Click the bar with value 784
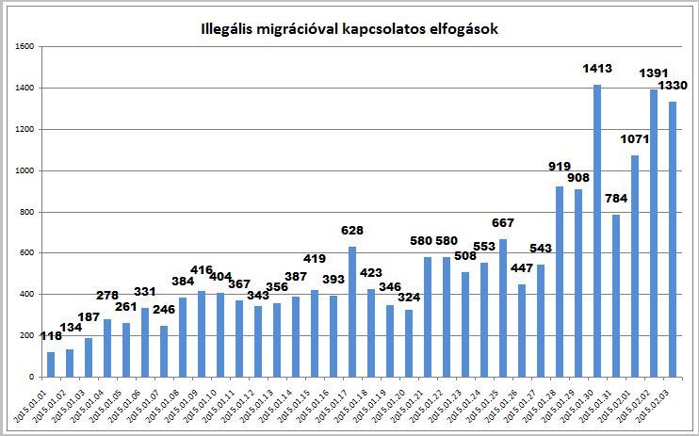tap(616, 296)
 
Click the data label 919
tap(560, 167)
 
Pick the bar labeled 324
tap(409, 343)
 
